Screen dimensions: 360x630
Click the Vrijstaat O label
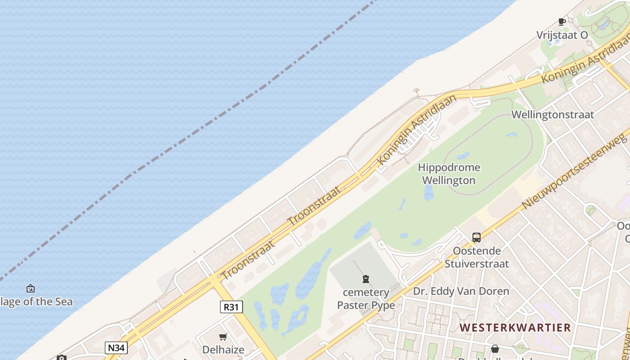562,35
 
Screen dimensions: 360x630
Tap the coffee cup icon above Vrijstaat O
562,22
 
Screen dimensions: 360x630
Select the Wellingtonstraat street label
553,115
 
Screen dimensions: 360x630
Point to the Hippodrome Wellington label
449,174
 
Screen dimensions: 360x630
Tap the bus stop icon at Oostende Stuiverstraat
477,237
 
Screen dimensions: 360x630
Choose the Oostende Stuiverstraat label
477,257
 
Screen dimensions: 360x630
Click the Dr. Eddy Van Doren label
461,291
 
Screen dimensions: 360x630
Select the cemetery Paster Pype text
366,299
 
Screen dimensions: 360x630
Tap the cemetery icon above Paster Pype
366,279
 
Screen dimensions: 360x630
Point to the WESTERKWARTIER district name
515,327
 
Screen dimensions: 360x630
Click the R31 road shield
231,307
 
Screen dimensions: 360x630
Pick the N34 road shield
116,347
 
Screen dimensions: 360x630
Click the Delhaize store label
223,350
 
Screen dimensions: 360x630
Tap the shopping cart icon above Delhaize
223,337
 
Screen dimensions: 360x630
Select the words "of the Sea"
48,301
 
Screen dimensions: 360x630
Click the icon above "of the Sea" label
31,288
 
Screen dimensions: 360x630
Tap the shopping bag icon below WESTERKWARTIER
495,349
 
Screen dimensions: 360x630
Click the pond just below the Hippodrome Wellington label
428,193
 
